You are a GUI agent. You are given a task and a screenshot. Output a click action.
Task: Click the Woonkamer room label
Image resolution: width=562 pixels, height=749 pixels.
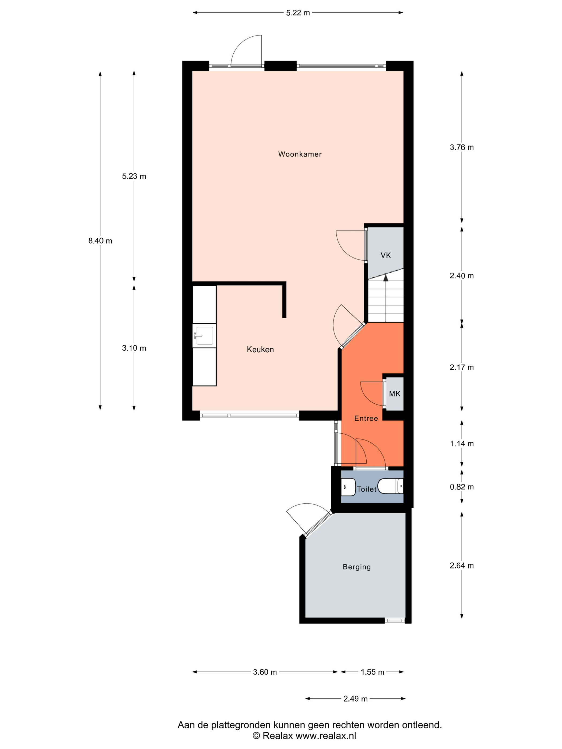(300, 154)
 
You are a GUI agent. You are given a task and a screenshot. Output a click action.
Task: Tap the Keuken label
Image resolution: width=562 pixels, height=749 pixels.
(260, 349)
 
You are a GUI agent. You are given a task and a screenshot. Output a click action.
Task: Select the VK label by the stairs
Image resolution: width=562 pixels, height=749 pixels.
(386, 255)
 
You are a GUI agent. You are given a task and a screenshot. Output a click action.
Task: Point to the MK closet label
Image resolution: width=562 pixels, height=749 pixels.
(395, 394)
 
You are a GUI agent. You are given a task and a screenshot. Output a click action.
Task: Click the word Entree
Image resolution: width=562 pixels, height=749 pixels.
(366, 419)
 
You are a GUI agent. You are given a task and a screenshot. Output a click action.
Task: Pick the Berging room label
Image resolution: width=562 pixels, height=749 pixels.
(357, 567)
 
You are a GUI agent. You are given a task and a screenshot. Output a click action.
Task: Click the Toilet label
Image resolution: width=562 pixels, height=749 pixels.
(367, 489)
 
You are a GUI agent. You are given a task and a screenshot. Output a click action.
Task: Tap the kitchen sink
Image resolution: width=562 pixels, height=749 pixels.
(204, 335)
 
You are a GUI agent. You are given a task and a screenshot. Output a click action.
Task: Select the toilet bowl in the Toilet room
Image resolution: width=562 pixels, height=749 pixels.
(390, 487)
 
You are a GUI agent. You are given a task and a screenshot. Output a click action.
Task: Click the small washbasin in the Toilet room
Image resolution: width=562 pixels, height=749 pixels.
(348, 487)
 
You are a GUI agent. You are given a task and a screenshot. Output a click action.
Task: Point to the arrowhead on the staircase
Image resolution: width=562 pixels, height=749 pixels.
(386, 278)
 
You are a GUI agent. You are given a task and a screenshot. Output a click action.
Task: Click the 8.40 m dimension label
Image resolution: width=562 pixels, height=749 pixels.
(100, 241)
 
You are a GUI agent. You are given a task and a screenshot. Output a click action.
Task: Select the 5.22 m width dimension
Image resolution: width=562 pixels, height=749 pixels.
(298, 13)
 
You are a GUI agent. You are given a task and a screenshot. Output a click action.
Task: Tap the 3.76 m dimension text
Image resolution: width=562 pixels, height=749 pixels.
(462, 147)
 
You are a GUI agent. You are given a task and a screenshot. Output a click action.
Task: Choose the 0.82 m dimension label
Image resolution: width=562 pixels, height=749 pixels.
(462, 487)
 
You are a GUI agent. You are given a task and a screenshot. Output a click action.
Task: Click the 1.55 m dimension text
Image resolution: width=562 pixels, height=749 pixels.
(372, 672)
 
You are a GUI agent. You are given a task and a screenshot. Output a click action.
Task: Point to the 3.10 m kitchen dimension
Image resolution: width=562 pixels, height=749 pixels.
(134, 348)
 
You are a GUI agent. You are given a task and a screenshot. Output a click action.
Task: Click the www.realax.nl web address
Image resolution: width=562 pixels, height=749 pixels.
(326, 735)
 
